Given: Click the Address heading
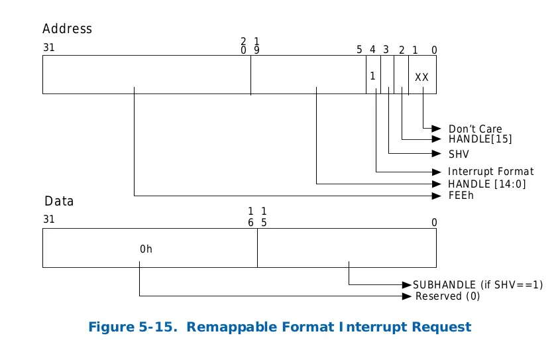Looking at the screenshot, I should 67,29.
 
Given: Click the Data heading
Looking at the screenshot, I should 59,201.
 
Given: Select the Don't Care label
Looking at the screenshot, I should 475,129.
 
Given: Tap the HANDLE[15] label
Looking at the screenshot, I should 480,139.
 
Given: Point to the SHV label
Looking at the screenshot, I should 459,154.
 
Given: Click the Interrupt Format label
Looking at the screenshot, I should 490,172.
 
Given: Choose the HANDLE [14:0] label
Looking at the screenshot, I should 486,184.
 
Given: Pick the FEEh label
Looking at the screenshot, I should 461,196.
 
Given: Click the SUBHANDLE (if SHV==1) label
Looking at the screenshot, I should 478,284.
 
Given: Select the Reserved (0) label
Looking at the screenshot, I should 447,296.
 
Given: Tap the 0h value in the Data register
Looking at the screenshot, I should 146,249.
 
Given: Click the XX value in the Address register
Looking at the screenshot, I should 421,77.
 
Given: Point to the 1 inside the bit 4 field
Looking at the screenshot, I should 372,76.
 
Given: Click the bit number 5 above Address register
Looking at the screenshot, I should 359,50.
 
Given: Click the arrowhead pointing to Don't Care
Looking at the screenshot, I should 437,128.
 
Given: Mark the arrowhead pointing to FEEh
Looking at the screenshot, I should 437,196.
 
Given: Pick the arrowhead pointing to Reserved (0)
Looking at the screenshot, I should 408,296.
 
